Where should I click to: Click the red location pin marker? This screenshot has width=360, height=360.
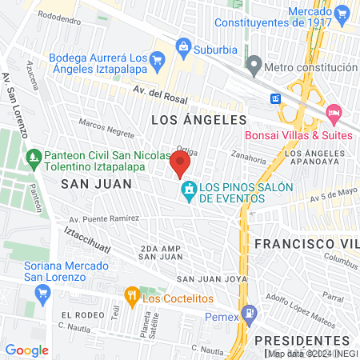pyautogui.click(x=180, y=166)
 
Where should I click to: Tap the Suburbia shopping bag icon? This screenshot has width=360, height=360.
pyautogui.click(x=184, y=46)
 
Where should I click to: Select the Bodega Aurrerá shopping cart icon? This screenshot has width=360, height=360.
pyautogui.click(x=158, y=59)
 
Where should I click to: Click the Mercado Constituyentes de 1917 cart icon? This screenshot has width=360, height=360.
pyautogui.click(x=342, y=13)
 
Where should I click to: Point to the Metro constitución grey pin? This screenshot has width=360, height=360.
pyautogui.click(x=254, y=63)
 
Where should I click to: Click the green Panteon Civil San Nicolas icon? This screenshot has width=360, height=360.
pyautogui.click(x=34, y=156)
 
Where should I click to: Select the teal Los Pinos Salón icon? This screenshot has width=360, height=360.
pyautogui.click(x=190, y=190)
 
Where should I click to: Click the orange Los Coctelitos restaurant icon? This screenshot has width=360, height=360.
pyautogui.click(x=132, y=296)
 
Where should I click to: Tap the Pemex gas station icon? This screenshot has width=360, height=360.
pyautogui.click(x=250, y=310)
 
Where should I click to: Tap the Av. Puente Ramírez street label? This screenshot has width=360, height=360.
pyautogui.click(x=104, y=218)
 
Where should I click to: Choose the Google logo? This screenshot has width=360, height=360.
pyautogui.click(x=27, y=350)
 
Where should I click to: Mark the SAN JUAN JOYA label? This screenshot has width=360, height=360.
pyautogui.click(x=206, y=279)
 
